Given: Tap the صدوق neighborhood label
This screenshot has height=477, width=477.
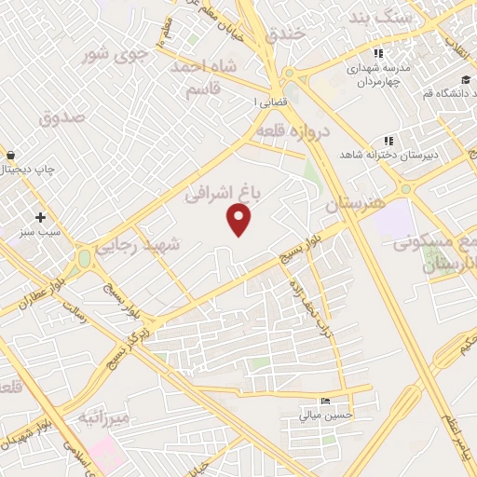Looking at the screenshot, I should (x=62, y=117).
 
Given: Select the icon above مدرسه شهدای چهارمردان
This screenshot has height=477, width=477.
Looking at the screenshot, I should (x=376, y=53).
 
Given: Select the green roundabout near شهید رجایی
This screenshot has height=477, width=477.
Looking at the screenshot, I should (x=85, y=256).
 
